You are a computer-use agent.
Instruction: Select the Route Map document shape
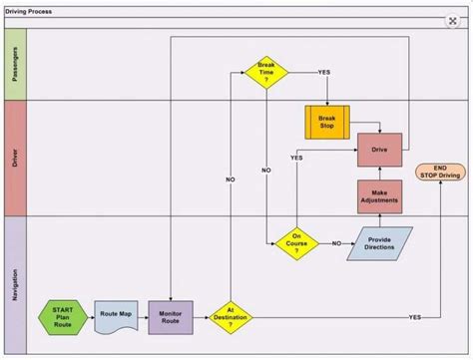116,315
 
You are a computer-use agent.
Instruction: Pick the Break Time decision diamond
267,73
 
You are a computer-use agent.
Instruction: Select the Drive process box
379,150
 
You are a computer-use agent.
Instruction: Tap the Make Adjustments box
379,195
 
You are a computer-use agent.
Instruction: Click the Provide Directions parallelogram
379,242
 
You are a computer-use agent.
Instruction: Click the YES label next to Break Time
324,73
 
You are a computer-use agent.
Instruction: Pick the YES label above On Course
296,159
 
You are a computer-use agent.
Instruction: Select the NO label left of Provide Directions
336,243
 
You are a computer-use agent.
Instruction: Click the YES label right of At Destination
414,317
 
